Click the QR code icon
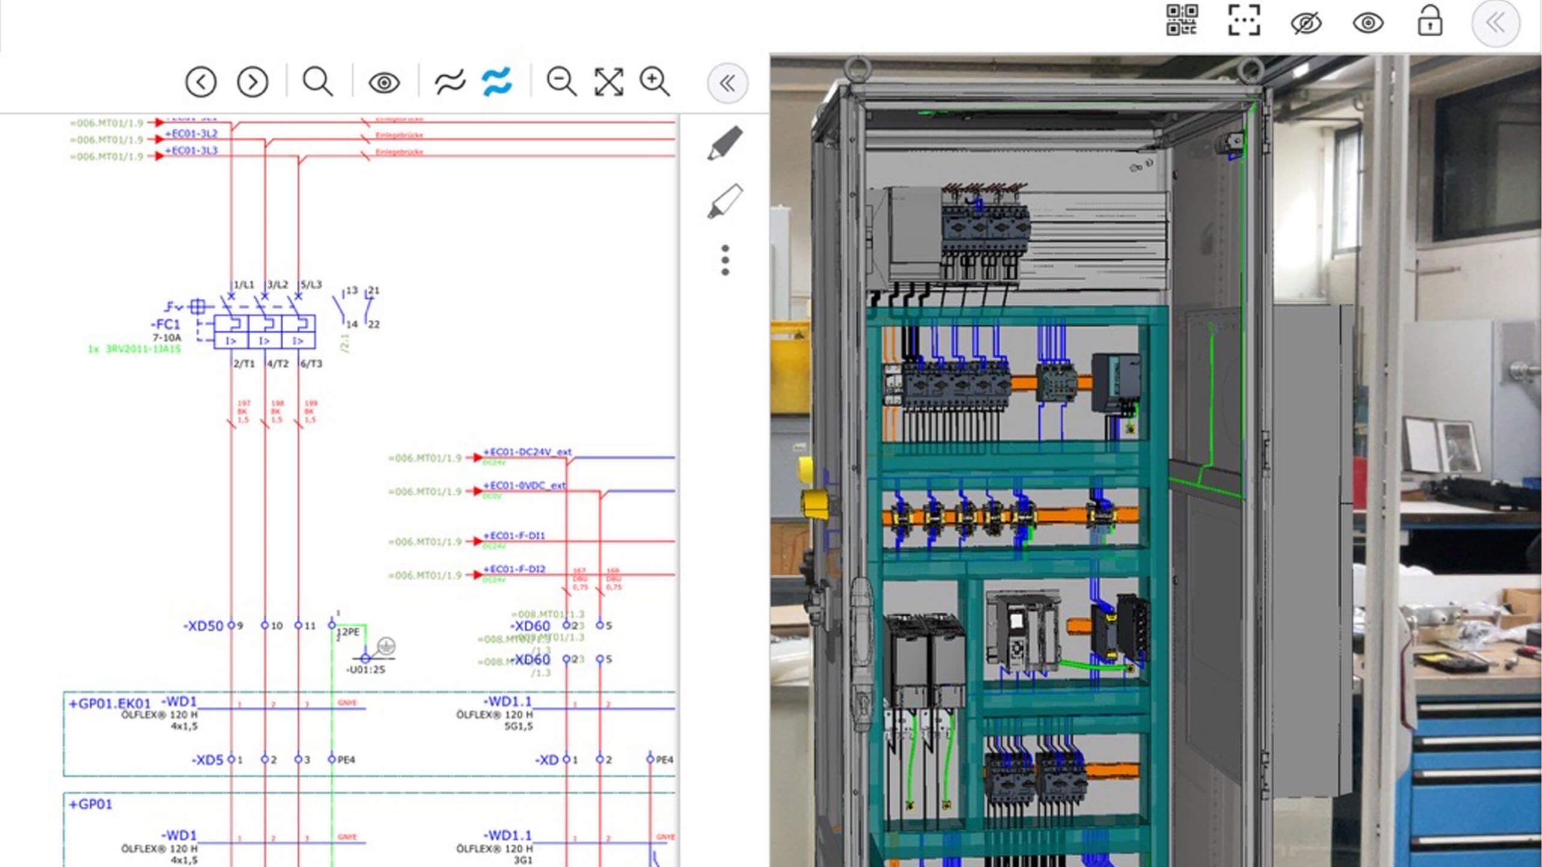click(1181, 21)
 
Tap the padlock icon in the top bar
click(1429, 22)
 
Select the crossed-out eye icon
click(1306, 23)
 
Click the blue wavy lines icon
click(497, 81)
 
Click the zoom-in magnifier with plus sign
click(654, 81)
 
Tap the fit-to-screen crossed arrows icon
click(608, 81)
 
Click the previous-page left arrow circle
click(201, 81)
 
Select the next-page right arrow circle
click(252, 81)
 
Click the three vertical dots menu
click(725, 260)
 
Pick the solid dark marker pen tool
click(725, 143)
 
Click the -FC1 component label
click(165, 324)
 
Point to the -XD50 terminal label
click(203, 626)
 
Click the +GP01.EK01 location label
click(110, 703)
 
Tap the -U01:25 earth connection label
click(365, 669)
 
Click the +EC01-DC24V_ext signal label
click(527, 451)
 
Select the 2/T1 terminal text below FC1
click(244, 363)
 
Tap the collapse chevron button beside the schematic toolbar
click(727, 83)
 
